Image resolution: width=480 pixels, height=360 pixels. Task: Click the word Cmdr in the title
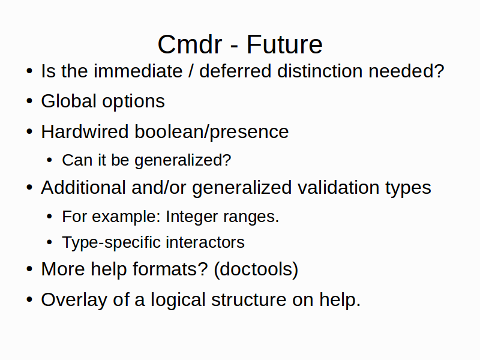190,44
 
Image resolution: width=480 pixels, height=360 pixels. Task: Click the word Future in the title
284,44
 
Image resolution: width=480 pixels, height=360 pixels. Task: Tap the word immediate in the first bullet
138,71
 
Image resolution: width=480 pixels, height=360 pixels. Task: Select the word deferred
235,71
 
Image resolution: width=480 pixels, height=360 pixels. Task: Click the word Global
69,101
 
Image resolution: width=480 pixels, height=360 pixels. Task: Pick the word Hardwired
85,131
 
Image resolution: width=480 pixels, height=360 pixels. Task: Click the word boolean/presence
212,132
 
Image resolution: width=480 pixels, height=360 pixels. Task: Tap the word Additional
83,187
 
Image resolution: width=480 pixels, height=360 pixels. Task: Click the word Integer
191,217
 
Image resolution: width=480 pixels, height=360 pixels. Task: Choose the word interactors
205,242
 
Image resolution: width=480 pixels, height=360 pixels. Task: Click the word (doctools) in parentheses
256,269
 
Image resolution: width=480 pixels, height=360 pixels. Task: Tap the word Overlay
74,300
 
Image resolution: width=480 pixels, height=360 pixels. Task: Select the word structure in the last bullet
248,299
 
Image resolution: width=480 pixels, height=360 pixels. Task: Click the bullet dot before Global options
29,101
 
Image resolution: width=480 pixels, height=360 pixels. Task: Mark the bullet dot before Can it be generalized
50,160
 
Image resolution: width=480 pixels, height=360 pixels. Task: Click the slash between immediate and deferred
191,71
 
